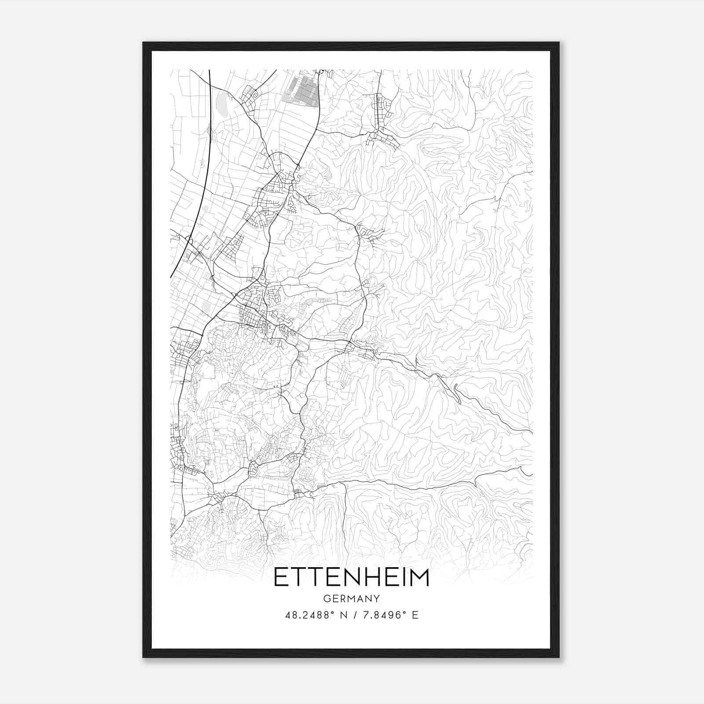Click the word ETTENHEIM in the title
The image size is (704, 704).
click(352, 578)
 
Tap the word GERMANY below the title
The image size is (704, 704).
click(352, 599)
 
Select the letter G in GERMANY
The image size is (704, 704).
click(326, 599)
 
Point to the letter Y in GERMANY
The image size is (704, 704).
click(377, 599)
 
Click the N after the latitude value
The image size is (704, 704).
click(343, 615)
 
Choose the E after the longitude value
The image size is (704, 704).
click(415, 615)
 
